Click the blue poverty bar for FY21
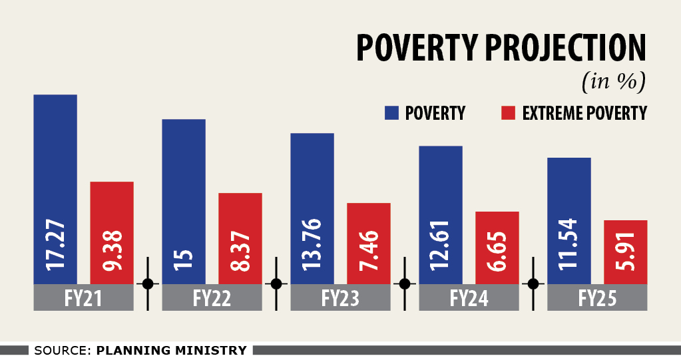[x=55, y=166]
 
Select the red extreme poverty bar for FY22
[x=240, y=220]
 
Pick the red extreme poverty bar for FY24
[x=497, y=230]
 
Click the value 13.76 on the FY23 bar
[x=312, y=244]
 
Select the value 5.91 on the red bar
[x=625, y=256]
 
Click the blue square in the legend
[x=391, y=113]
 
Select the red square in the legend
[x=508, y=113]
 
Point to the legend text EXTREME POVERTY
[x=584, y=113]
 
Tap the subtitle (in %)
[x=614, y=83]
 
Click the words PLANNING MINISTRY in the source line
[x=172, y=350]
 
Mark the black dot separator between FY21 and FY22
[x=148, y=283]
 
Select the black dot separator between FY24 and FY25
[x=533, y=283]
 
